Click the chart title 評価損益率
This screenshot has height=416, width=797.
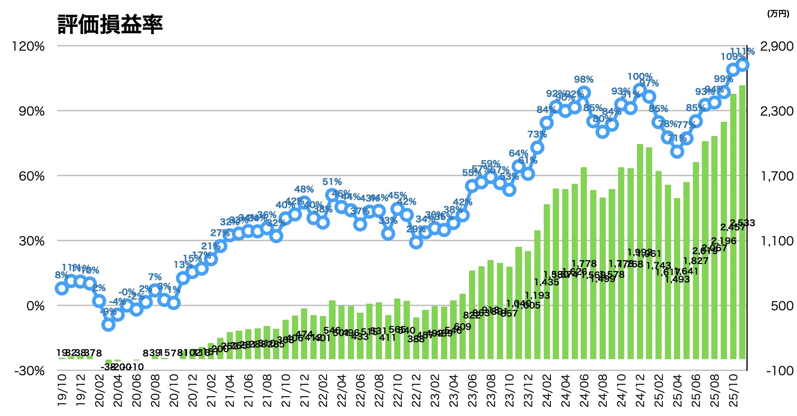110,24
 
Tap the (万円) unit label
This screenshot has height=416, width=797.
778,14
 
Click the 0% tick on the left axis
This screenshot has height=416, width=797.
35,306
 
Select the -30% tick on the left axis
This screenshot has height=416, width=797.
29,371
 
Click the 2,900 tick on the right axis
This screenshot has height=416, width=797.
777,46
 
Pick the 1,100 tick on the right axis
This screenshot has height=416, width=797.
777,241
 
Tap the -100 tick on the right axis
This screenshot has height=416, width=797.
779,371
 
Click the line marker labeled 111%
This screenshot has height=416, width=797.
743,65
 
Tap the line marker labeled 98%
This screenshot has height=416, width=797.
584,93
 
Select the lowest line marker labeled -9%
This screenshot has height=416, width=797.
108,325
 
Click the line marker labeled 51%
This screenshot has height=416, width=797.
332,195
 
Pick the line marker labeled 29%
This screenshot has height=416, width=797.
416,242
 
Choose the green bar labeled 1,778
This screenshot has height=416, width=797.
584,263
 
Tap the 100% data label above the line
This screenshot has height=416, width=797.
640,77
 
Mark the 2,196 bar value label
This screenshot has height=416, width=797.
724,241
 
